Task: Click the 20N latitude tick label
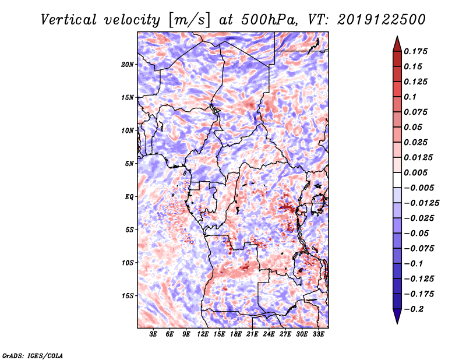tap(128, 64)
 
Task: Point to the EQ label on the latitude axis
tap(129, 196)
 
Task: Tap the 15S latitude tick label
tap(128, 296)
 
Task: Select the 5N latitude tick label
tap(129, 164)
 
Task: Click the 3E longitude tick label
tap(153, 334)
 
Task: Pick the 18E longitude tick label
tap(236, 334)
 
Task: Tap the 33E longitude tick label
tap(318, 334)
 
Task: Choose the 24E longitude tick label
tap(269, 334)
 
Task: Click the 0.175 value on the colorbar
tap(415, 51)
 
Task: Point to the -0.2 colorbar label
tap(414, 309)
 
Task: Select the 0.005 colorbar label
tap(415, 172)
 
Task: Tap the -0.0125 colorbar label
tap(421, 203)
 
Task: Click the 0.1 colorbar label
tap(410, 97)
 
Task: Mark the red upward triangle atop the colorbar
tap(397, 44)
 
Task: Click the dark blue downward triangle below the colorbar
tap(397, 316)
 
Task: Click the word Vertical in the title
tap(69, 20)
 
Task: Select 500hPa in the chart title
tap(270, 20)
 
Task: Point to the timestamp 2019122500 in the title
tap(382, 20)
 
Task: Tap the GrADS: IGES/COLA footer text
tap(33, 355)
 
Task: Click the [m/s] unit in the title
tap(189, 20)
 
